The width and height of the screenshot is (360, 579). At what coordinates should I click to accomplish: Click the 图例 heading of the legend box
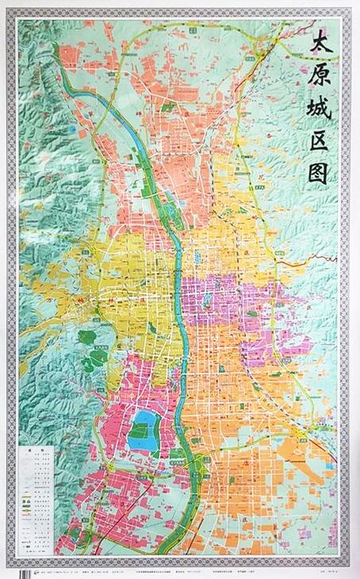point(35,449)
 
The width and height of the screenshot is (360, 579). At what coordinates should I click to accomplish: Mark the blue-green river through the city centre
point(182,333)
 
